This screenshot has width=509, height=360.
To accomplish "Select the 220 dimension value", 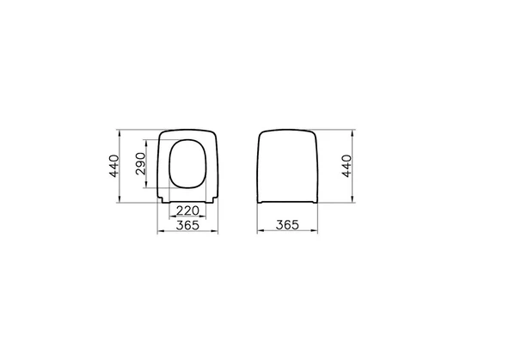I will [187, 211].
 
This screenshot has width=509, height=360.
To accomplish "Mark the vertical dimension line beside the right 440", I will [353, 168].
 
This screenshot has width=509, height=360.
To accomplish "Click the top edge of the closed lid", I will [288, 130].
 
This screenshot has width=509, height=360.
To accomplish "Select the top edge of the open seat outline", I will [187, 130].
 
